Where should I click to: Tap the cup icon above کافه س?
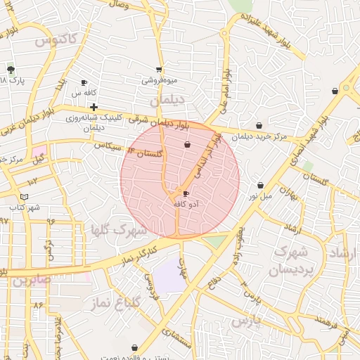point(84,82)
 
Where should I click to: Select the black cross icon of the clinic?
point(93,107)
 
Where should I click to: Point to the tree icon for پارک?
point(11,70)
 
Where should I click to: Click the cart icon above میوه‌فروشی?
point(159,69)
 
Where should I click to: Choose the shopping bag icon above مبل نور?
point(260,185)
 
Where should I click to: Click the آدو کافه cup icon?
point(186,193)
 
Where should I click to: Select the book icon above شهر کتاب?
point(25,198)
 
